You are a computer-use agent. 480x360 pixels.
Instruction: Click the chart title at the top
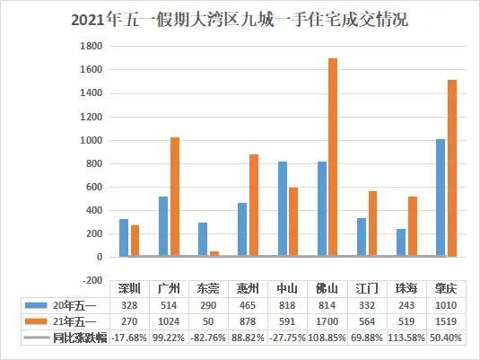tap(239, 19)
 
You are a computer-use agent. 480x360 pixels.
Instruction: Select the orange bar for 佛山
tap(333, 157)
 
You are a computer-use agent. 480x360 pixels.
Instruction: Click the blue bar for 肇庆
tap(440, 198)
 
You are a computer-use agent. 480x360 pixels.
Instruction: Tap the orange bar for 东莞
tap(214, 253)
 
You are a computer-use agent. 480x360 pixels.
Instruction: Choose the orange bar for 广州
tap(174, 197)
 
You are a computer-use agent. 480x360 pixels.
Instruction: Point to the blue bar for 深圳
tap(123, 237)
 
